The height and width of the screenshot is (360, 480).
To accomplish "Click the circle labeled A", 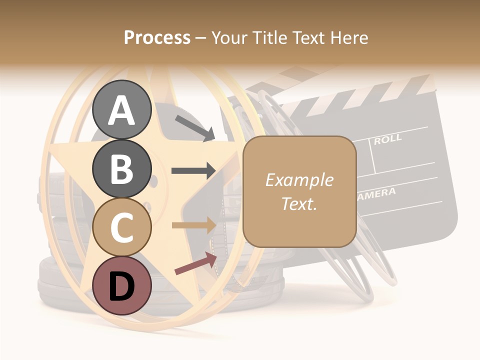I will point(122,109).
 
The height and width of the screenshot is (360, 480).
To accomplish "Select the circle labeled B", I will point(122,168).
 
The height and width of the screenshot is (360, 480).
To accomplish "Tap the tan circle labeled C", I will point(122,227).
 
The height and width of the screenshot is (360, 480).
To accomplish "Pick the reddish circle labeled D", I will point(122,285).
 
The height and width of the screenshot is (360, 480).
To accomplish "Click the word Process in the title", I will point(157,37).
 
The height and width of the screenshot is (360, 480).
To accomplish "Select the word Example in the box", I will point(299,180).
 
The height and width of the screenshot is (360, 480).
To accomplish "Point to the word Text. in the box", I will point(299,203).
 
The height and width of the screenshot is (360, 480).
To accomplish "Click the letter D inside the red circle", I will point(122,286).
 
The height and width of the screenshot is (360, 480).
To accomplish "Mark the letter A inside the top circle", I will point(122,110).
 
